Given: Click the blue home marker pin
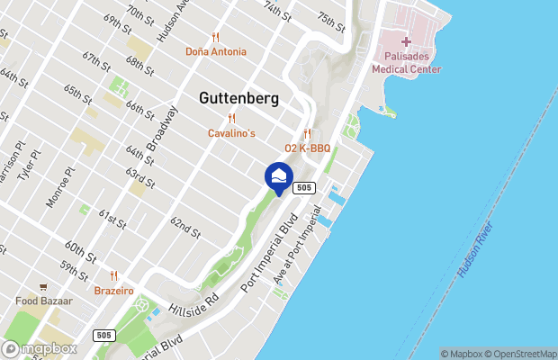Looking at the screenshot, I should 279,176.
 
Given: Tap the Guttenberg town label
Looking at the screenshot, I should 238,98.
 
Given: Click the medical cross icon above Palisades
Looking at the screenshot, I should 406,41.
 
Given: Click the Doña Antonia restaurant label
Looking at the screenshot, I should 216,51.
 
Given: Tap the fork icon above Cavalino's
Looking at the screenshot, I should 232,118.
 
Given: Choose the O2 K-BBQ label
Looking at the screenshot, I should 308,148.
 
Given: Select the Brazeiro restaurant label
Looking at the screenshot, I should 114,291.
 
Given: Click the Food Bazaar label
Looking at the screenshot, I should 49,301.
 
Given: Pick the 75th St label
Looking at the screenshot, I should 331,17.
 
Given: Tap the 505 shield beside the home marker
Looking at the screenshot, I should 304,187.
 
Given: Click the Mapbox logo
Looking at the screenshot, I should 40,348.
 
